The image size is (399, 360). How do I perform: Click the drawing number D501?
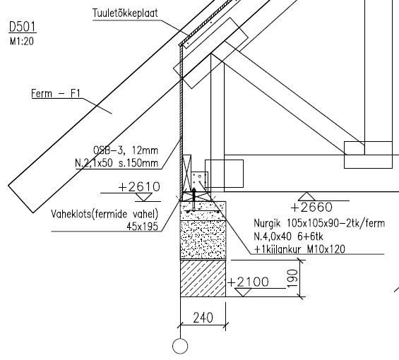(x=23, y=27)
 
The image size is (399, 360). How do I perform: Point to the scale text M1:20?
(x=22, y=42)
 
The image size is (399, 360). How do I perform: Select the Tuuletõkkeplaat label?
(x=125, y=13)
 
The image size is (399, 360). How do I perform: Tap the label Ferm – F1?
(x=56, y=93)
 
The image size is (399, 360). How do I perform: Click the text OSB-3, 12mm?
(x=126, y=150)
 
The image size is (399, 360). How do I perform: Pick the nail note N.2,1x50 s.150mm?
(x=117, y=163)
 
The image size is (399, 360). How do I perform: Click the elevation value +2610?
(x=139, y=187)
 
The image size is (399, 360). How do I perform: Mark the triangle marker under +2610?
(x=143, y=197)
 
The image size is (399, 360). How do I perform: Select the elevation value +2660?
(x=311, y=208)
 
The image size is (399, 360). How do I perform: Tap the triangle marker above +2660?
(x=306, y=196)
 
